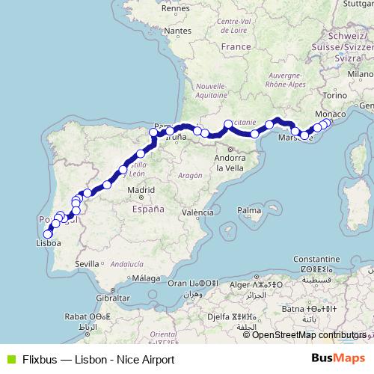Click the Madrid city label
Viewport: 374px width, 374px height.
[141, 191]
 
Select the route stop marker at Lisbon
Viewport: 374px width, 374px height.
[48, 234]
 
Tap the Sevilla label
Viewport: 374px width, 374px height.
[87, 263]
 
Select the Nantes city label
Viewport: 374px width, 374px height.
[177, 31]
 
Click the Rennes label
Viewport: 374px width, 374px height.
[175, 7]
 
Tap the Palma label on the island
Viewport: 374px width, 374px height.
[248, 212]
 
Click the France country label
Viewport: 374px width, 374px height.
[236, 46]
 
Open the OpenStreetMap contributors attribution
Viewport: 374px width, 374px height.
[310, 334]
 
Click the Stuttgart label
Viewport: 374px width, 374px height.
[355, 4]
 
